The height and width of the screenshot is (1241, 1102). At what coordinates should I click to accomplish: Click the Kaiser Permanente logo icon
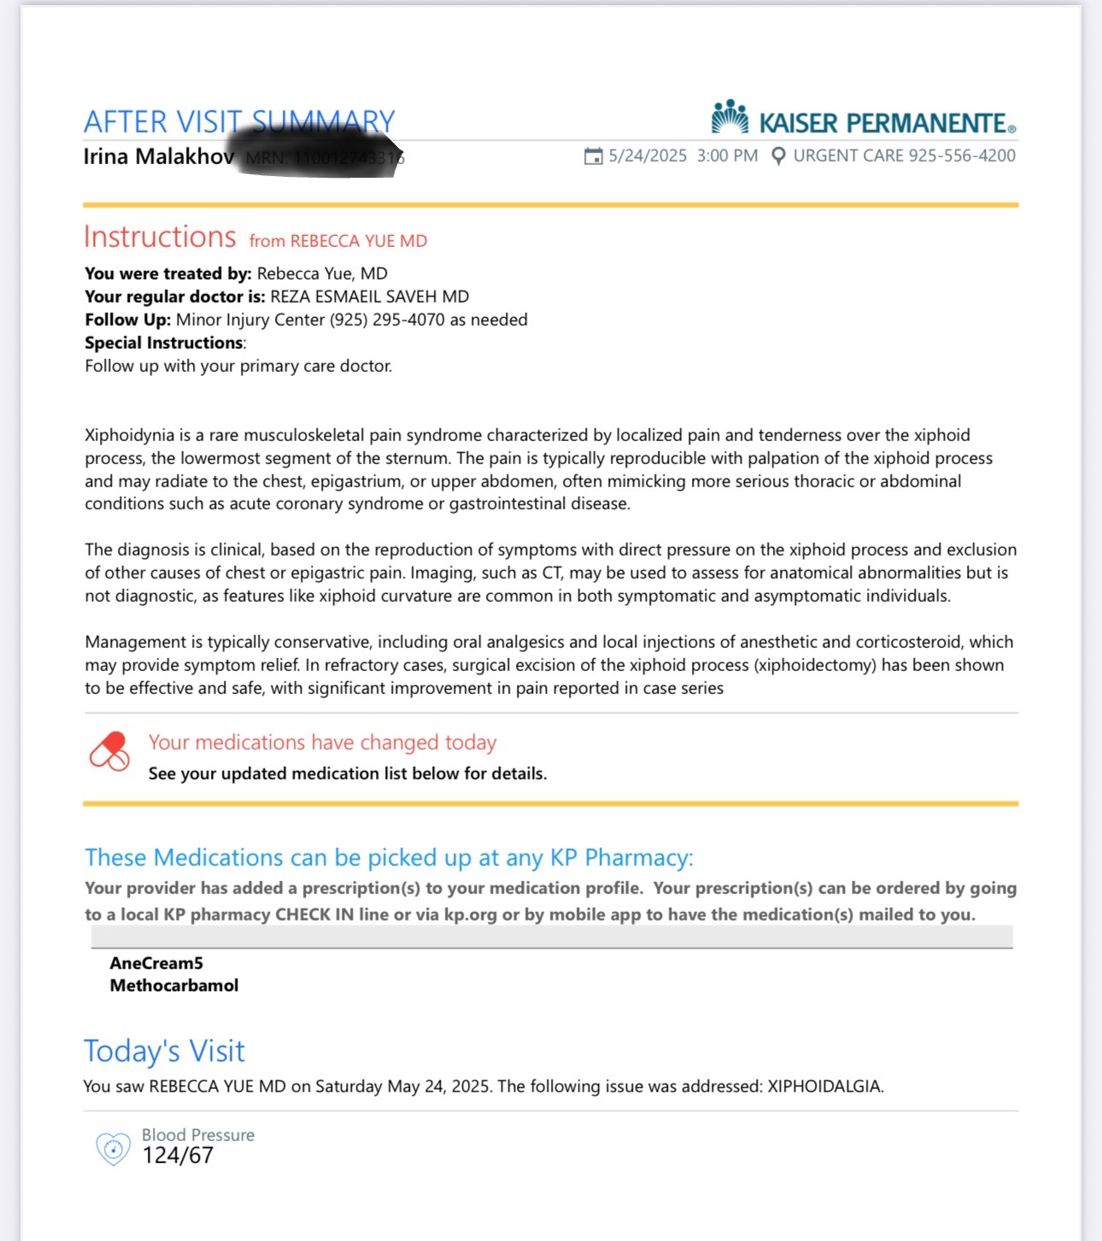[x=730, y=118]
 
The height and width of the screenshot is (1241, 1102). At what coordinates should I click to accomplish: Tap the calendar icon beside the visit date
[x=593, y=156]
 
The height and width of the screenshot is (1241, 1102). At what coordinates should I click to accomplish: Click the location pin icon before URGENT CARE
[x=778, y=156]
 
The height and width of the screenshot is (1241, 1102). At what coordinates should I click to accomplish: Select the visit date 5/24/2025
[x=648, y=156]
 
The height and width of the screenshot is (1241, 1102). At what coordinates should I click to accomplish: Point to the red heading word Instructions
[x=160, y=237]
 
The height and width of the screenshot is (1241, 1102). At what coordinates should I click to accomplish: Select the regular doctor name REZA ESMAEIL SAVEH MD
[x=369, y=297]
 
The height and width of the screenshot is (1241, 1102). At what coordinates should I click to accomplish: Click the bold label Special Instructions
[x=164, y=343]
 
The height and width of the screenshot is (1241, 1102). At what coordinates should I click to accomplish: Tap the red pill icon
[x=110, y=751]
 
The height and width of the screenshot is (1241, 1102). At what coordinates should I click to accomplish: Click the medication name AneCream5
[x=156, y=963]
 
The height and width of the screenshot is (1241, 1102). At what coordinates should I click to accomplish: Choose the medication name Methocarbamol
[x=174, y=985]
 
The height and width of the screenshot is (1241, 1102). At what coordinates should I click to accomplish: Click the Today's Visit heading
[x=164, y=1051]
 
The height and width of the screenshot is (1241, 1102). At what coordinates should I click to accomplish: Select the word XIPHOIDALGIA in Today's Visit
[x=824, y=1086]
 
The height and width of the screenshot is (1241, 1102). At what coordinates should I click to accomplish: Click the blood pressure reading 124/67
[x=178, y=1156]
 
